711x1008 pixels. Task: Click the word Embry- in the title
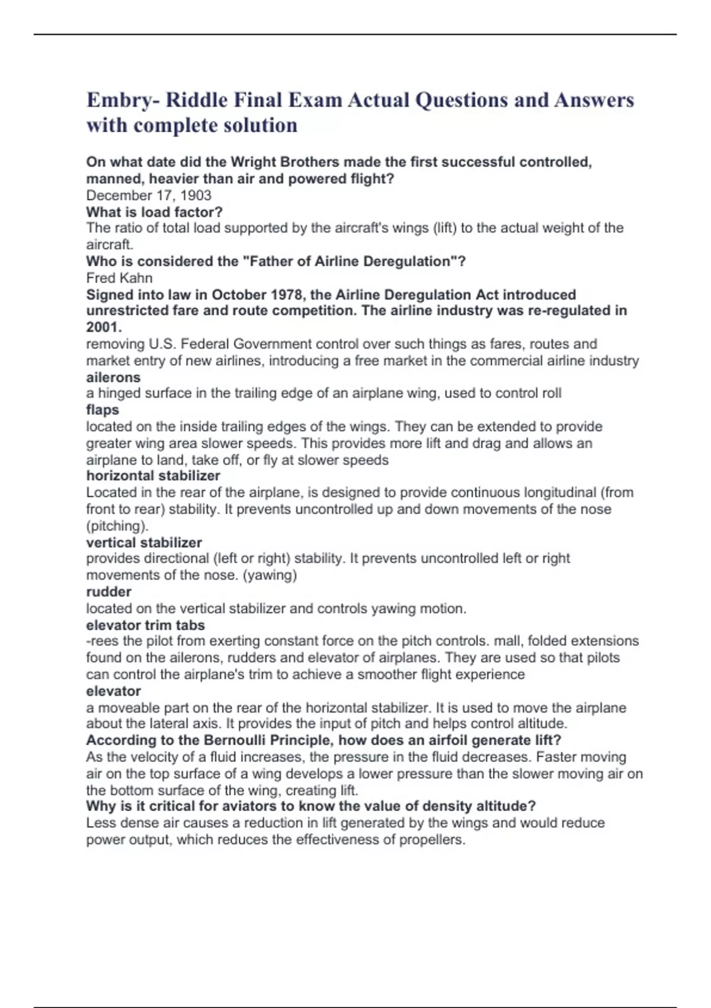pyautogui.click(x=123, y=100)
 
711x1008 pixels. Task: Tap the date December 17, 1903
pyautogui.click(x=149, y=195)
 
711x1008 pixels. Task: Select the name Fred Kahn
pyautogui.click(x=119, y=277)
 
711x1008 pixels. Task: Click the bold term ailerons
pyautogui.click(x=113, y=377)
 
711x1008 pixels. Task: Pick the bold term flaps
pyautogui.click(x=103, y=410)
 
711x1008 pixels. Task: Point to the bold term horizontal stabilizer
pyautogui.click(x=153, y=476)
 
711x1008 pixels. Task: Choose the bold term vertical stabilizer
pyautogui.click(x=144, y=542)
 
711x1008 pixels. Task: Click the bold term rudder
pyautogui.click(x=108, y=591)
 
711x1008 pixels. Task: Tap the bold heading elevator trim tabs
pyautogui.click(x=145, y=625)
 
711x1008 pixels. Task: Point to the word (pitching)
pyautogui.click(x=117, y=525)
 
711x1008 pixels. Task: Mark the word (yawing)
pyautogui.click(x=270, y=575)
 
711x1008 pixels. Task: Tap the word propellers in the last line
pyautogui.click(x=431, y=840)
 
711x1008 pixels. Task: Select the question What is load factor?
pyautogui.click(x=154, y=212)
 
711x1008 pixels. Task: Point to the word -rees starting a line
pyautogui.click(x=102, y=641)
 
